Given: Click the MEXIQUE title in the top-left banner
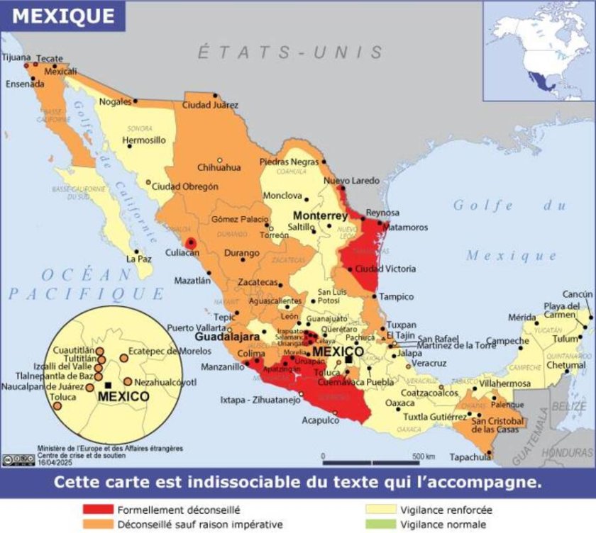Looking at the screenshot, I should point(64,15).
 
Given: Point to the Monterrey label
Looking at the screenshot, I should point(320,215).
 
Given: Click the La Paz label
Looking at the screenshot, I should point(139,259).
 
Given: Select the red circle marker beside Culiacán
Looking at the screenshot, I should point(189,243).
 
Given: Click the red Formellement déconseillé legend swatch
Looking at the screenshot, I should point(98,510).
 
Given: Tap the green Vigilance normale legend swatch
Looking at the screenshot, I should point(380,524).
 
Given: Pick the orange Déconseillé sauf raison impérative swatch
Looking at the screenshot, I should point(98,524).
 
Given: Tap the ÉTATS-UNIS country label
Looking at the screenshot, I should point(290,52).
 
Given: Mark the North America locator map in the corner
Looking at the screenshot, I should point(539,50).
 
